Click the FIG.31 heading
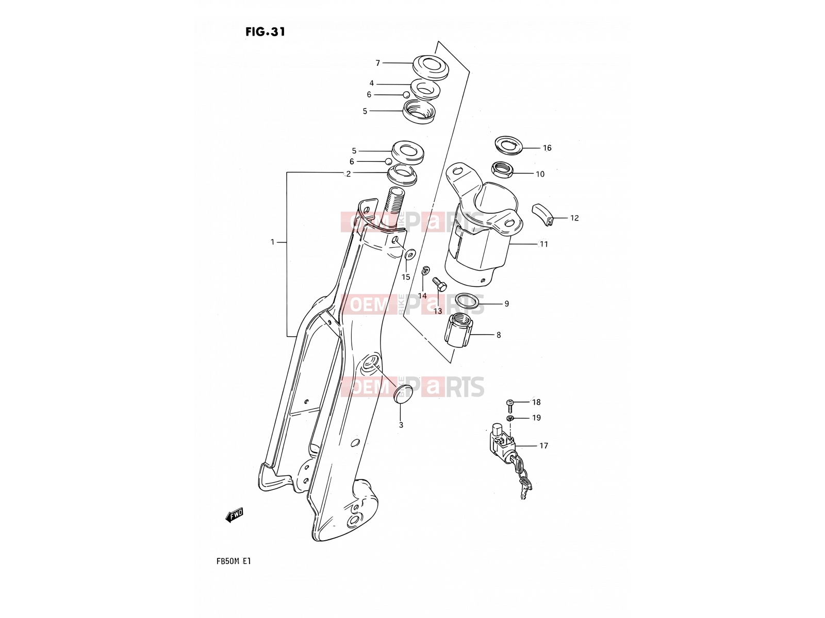[x=266, y=32]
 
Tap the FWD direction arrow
[x=234, y=515]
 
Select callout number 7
[x=378, y=63]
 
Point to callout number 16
[x=547, y=148]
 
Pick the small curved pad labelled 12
[x=543, y=215]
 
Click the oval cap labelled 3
[x=403, y=394]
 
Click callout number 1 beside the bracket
[x=272, y=243]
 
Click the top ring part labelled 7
[x=431, y=68]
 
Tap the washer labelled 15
[x=409, y=255]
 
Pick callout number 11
[x=543, y=244]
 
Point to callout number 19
[x=536, y=418]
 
